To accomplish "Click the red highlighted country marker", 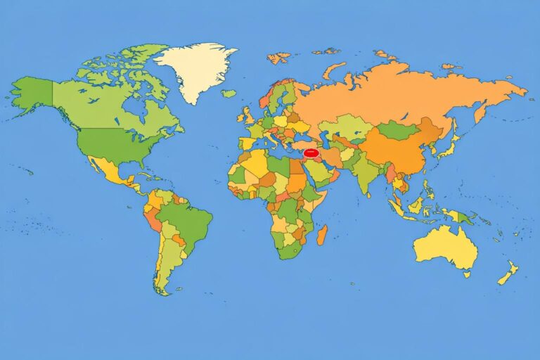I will click(311, 152).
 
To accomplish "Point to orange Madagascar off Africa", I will click(321, 235).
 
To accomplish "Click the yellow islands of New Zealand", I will click(508, 272).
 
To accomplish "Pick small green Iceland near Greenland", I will click(229, 93).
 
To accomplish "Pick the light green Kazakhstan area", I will click(347, 127).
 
